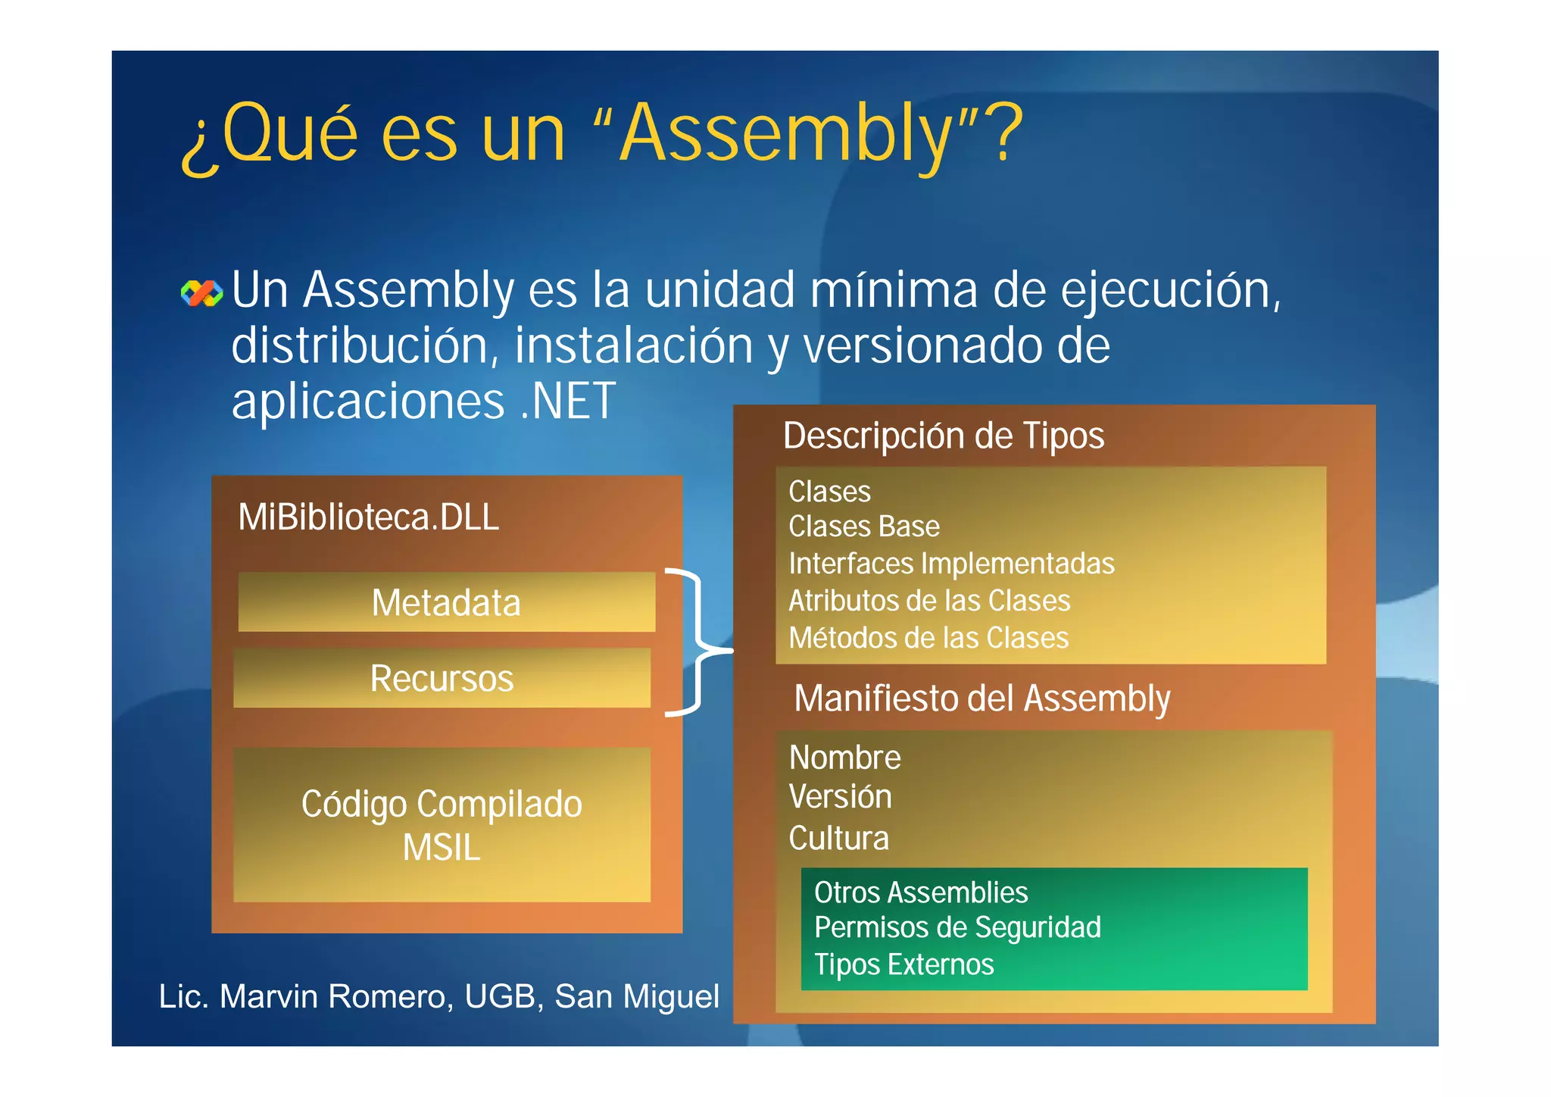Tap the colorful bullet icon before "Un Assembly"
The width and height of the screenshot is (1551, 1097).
[x=202, y=293]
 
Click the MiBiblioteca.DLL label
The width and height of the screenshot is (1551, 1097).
[x=368, y=517]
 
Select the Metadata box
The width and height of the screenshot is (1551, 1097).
[x=446, y=603]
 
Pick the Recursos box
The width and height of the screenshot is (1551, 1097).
[x=442, y=678]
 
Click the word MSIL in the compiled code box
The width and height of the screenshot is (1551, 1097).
[x=442, y=848]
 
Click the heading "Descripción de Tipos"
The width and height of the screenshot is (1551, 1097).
[x=943, y=436]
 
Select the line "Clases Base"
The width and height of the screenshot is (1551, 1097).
[x=863, y=527]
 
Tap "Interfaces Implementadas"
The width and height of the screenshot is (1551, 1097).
[x=951, y=564]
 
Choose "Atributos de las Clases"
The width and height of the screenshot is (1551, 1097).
[x=929, y=601]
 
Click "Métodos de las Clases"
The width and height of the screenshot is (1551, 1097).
[x=928, y=638]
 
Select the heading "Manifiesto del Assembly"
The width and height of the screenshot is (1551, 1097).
[x=981, y=699]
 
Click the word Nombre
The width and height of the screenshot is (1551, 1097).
[x=844, y=758]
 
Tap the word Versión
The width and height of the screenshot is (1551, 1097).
[x=840, y=797]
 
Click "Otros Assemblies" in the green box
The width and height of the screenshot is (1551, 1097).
[x=921, y=892]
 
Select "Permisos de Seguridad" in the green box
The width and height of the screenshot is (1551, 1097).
[x=957, y=928]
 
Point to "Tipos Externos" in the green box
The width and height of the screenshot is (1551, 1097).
[x=903, y=964]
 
